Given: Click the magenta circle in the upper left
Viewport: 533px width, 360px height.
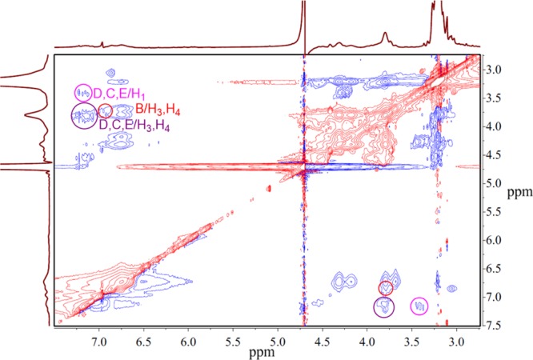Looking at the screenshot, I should [83, 92].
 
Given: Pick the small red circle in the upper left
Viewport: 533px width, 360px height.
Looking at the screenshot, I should [105, 110].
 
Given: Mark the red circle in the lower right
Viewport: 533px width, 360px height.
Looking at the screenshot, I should [387, 288].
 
